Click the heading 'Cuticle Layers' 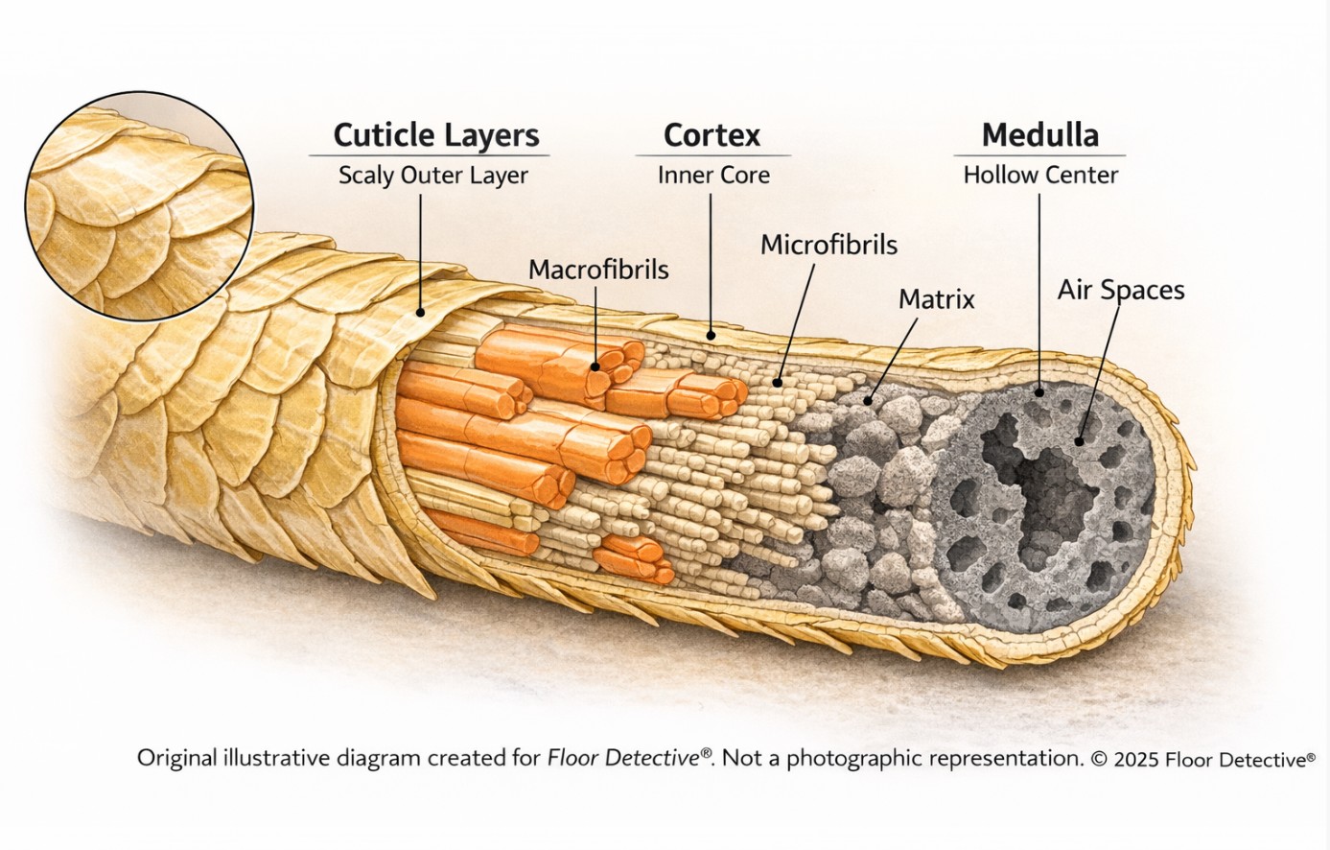coord(435,135)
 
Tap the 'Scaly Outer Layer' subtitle coord(432,176)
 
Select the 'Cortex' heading coord(712,135)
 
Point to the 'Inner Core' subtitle coord(713,176)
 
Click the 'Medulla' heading coord(1039,135)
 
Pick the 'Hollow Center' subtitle coord(1040,176)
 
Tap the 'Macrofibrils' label coord(598,270)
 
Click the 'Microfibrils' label coord(828,246)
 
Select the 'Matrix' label coord(936,299)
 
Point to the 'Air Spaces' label coord(1121,290)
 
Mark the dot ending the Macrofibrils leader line coord(595,366)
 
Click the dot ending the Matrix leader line coord(869,401)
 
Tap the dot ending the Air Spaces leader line coord(1080,441)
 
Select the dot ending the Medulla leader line coord(1040,391)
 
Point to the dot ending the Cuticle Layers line coord(420,312)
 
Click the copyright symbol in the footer coord(1099,759)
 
